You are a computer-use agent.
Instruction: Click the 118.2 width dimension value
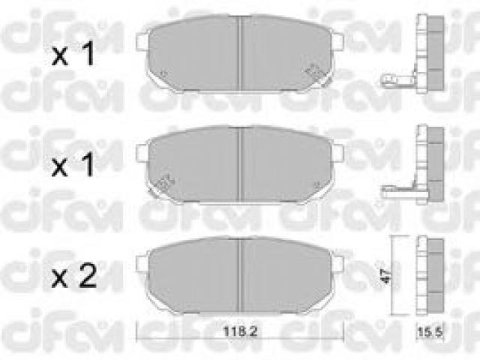pyautogui.click(x=240, y=331)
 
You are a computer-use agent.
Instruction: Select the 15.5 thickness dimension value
pyautogui.click(x=430, y=331)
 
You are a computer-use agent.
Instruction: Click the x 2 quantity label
pyautogui.click(x=74, y=275)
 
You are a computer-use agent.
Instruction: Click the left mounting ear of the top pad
pyautogui.click(x=142, y=42)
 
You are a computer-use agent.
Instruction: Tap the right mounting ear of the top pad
pyautogui.click(x=338, y=42)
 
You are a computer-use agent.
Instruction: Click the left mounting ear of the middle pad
pyautogui.click(x=142, y=152)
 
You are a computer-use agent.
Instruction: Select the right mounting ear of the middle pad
pyautogui.click(x=338, y=152)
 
